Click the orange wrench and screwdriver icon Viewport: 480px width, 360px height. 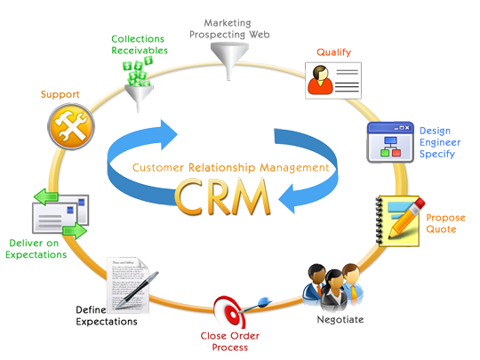70,127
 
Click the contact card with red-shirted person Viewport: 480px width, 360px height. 332,80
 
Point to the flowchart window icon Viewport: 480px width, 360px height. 390,142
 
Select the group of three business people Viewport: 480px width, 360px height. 333,286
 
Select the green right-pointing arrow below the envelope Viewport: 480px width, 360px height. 75,232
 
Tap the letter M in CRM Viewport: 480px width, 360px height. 252,197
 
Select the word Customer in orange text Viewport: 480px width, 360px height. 156,167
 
